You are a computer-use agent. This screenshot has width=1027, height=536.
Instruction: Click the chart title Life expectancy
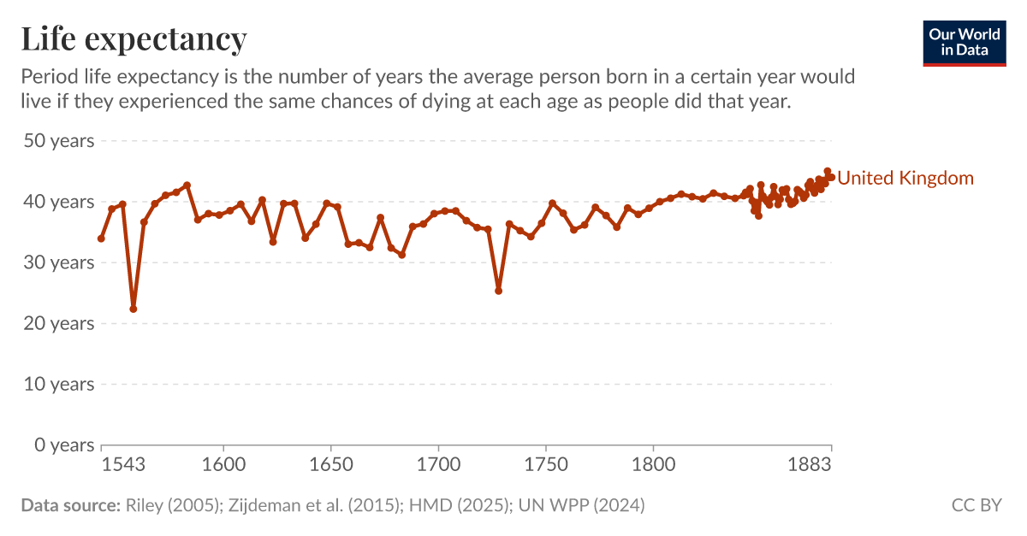(x=134, y=39)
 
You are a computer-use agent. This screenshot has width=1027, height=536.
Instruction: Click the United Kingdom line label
(x=905, y=178)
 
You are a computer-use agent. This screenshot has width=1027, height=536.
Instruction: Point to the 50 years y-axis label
(x=58, y=141)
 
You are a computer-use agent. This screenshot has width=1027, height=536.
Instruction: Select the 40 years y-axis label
(x=58, y=202)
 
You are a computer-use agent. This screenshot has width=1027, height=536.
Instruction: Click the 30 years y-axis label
(x=58, y=262)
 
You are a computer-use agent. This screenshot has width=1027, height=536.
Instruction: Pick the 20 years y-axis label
(x=58, y=323)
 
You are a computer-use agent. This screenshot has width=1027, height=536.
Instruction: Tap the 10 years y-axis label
(x=58, y=384)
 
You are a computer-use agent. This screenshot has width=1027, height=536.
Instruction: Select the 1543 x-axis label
(x=122, y=465)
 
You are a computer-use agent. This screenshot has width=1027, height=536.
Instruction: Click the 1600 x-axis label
(x=223, y=465)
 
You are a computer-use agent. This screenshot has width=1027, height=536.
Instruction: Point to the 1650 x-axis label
(x=330, y=465)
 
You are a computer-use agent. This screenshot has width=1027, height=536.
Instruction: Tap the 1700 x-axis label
(x=438, y=465)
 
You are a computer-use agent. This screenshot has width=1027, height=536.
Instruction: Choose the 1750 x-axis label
(x=546, y=465)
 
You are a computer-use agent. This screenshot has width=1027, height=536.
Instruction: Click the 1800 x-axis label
(x=653, y=465)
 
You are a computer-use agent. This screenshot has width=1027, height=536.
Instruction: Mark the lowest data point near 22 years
(x=134, y=309)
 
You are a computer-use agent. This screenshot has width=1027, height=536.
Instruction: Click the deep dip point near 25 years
(x=498, y=291)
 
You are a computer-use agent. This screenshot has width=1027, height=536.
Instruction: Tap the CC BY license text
(x=976, y=505)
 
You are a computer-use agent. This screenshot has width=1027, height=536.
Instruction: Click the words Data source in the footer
(x=70, y=505)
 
